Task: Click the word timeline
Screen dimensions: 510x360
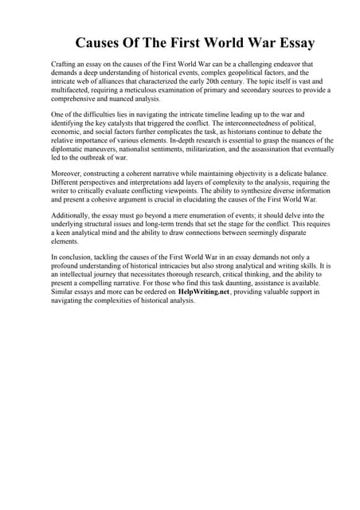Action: point(205,116)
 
